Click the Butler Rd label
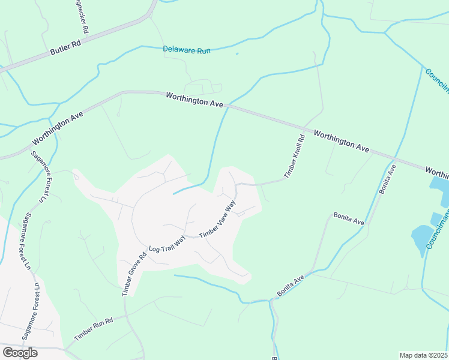point(65,48)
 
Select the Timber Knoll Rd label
point(295,155)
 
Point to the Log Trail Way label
point(167,245)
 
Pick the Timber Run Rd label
point(93,330)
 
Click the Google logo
point(20,353)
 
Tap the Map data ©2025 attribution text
point(424,355)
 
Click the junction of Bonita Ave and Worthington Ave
point(397,158)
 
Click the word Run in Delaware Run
point(203,51)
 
